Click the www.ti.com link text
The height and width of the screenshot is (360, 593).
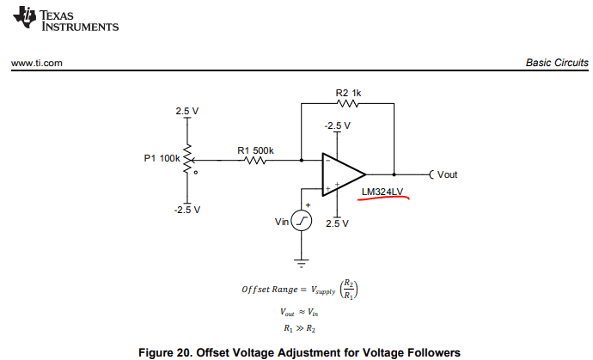[x=36, y=64]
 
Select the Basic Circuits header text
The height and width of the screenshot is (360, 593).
[x=557, y=64]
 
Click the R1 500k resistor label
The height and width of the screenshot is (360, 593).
[x=255, y=150]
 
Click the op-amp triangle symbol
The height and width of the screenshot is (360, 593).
[x=341, y=174]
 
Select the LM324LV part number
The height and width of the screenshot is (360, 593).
[x=382, y=192]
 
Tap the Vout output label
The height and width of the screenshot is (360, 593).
[x=447, y=174]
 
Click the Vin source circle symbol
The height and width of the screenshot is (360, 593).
[x=303, y=223]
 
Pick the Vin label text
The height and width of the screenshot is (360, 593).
[x=282, y=223]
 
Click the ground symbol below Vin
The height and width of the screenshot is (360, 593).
[x=303, y=259]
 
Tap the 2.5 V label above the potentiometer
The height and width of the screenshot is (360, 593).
[x=186, y=112]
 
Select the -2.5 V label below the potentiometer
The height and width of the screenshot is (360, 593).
[x=186, y=210]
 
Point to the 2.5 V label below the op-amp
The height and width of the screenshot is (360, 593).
[x=337, y=223]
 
